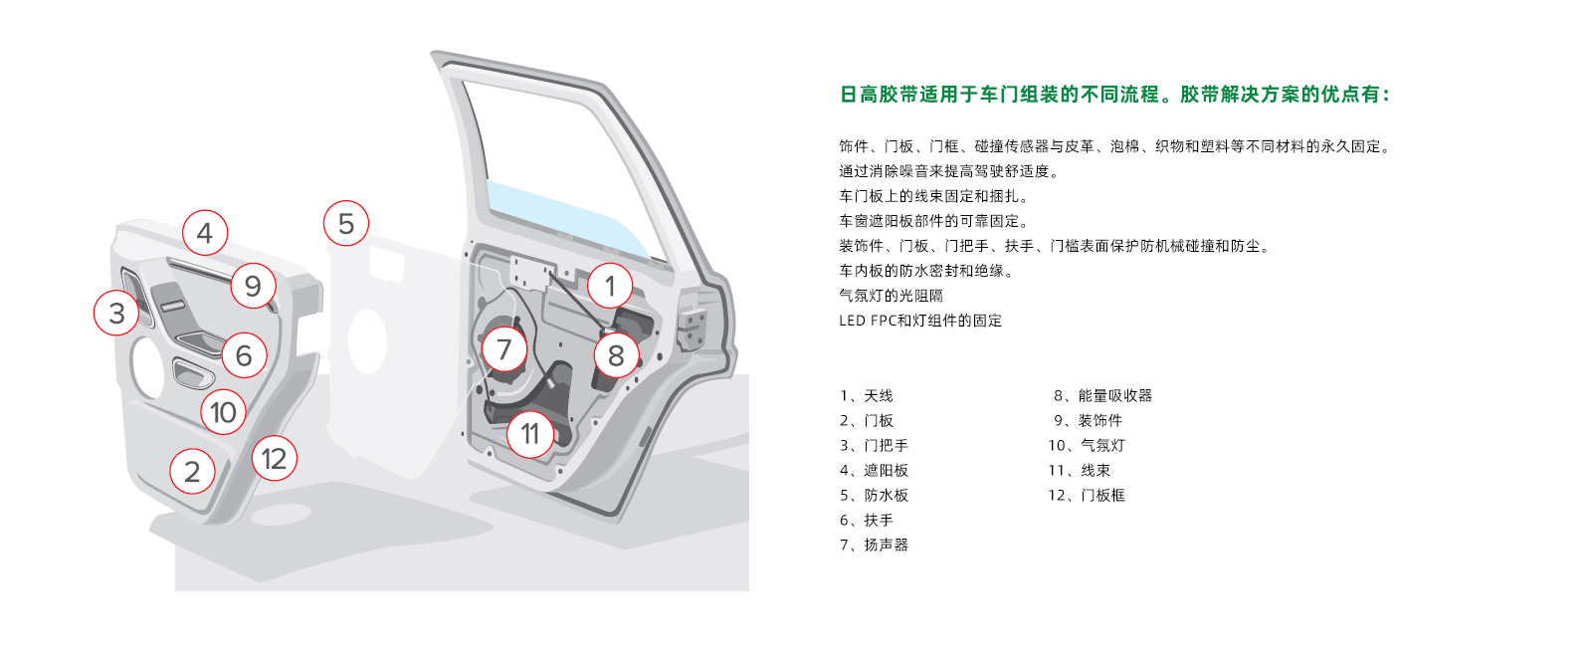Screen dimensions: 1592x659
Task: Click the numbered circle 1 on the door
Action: (x=610, y=286)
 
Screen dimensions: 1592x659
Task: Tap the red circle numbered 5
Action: (x=346, y=223)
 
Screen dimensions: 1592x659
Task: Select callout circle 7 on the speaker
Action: (x=503, y=349)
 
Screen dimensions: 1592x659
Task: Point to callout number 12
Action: (x=275, y=459)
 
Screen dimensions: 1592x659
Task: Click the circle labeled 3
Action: (x=116, y=313)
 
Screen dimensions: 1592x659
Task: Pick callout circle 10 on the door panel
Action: (x=223, y=412)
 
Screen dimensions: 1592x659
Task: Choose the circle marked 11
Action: (x=530, y=434)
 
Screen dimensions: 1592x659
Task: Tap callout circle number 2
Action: (x=192, y=471)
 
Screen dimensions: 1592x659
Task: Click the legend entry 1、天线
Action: (x=867, y=396)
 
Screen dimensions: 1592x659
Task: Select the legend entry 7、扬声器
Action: (x=875, y=546)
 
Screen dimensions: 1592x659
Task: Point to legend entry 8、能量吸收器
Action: (x=1103, y=396)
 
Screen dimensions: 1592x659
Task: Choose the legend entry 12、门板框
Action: (x=1087, y=496)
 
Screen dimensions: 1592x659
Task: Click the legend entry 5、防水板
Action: (x=875, y=496)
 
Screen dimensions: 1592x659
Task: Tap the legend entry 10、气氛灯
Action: (x=1087, y=446)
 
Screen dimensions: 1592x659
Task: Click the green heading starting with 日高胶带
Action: (x=1114, y=95)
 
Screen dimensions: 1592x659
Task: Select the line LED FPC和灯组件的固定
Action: (x=920, y=321)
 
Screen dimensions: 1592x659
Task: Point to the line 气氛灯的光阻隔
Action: (x=892, y=296)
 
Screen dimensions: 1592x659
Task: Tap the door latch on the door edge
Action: (x=691, y=329)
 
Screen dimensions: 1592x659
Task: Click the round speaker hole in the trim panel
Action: (x=147, y=367)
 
